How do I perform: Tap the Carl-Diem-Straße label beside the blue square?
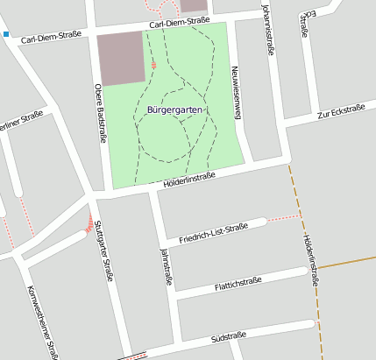(x=50, y=38)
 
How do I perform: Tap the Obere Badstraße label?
(x=99, y=113)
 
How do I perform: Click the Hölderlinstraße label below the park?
(x=189, y=179)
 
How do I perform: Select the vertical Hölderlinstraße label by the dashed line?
(x=309, y=259)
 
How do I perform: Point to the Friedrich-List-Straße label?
(x=213, y=231)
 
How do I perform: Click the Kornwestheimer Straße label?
(x=42, y=321)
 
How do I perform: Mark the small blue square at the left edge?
(x=5, y=35)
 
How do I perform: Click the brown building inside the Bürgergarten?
(x=121, y=56)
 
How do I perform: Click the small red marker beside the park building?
(x=154, y=65)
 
